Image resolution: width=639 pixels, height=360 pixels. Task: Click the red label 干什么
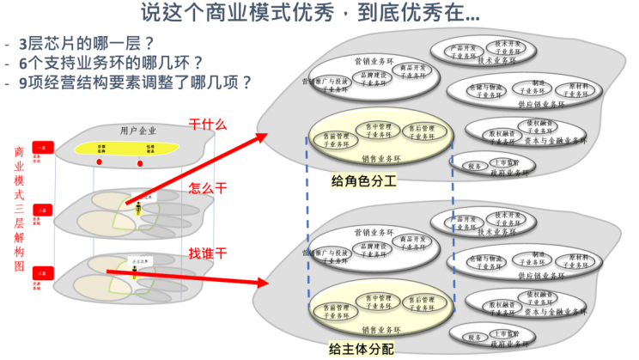[207, 125]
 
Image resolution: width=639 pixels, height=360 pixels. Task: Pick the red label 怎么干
[207, 189]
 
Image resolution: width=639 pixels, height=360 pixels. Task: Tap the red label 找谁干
[207, 253]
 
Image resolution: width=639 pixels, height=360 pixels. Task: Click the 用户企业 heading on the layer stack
[140, 131]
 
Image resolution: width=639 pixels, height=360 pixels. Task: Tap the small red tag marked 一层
[40, 149]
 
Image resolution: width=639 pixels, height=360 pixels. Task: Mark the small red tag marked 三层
[40, 272]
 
